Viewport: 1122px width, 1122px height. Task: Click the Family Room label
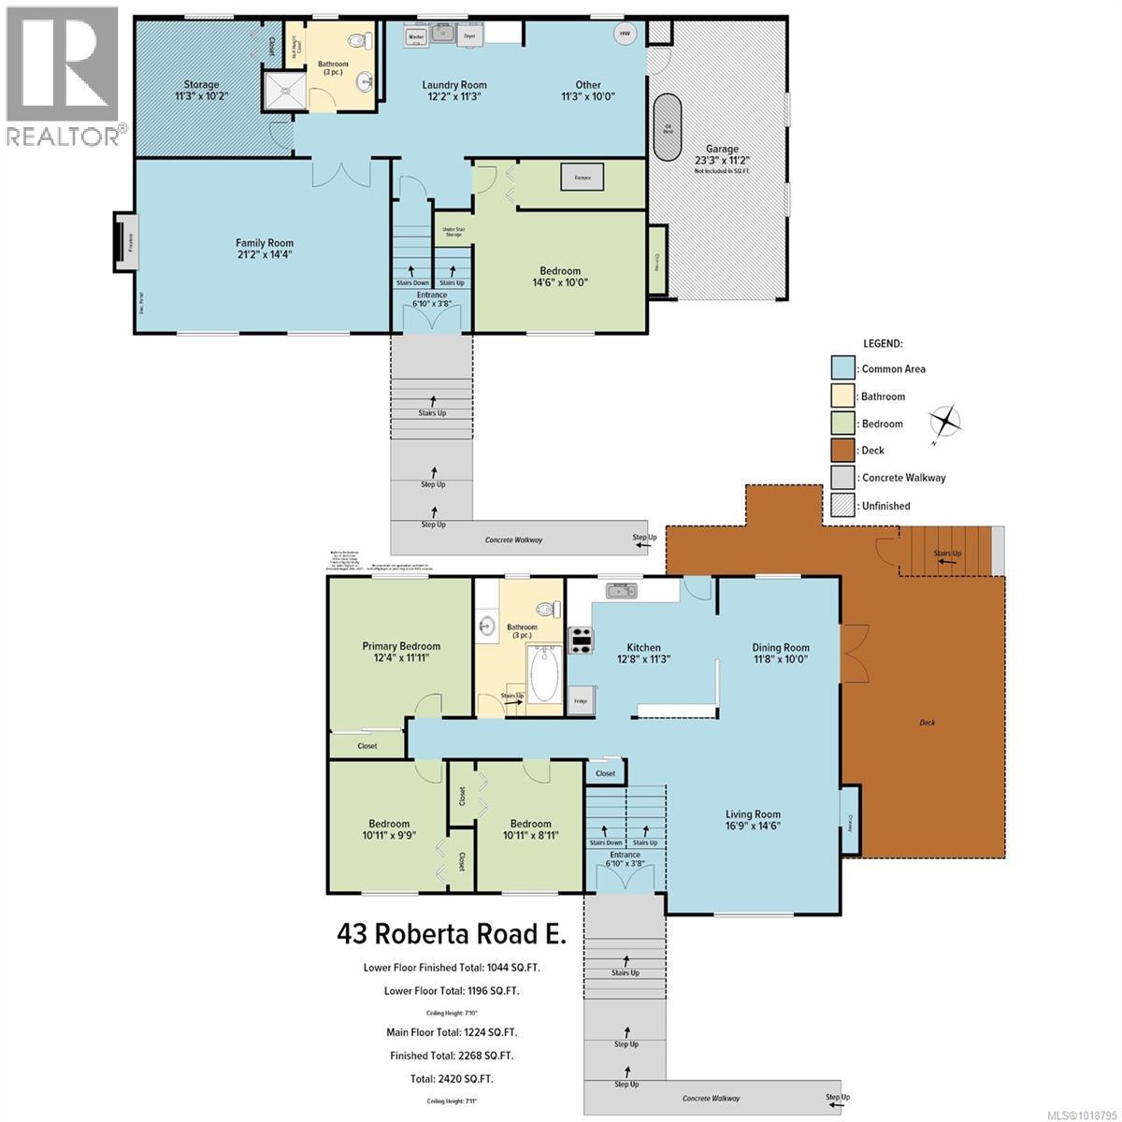pos(265,243)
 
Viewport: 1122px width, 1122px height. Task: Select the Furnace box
pos(583,178)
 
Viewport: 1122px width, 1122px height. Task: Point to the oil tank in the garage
pos(668,128)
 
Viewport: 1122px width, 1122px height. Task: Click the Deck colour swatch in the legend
pos(843,451)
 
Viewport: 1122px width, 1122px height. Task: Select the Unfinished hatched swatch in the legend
pos(843,506)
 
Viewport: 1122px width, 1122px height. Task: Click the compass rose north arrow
pos(946,421)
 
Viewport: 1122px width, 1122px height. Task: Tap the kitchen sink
pos(621,590)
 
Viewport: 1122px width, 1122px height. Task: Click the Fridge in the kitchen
pos(581,700)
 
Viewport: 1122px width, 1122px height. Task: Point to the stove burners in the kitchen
pos(581,640)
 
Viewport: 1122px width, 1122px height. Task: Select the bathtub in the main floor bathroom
pos(544,673)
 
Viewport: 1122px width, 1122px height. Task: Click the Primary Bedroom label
pos(401,646)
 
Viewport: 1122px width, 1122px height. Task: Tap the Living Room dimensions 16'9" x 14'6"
pos(753,826)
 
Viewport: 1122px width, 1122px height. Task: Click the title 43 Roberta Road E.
pos(452,934)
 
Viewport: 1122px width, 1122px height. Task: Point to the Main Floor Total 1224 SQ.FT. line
pos(452,1032)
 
